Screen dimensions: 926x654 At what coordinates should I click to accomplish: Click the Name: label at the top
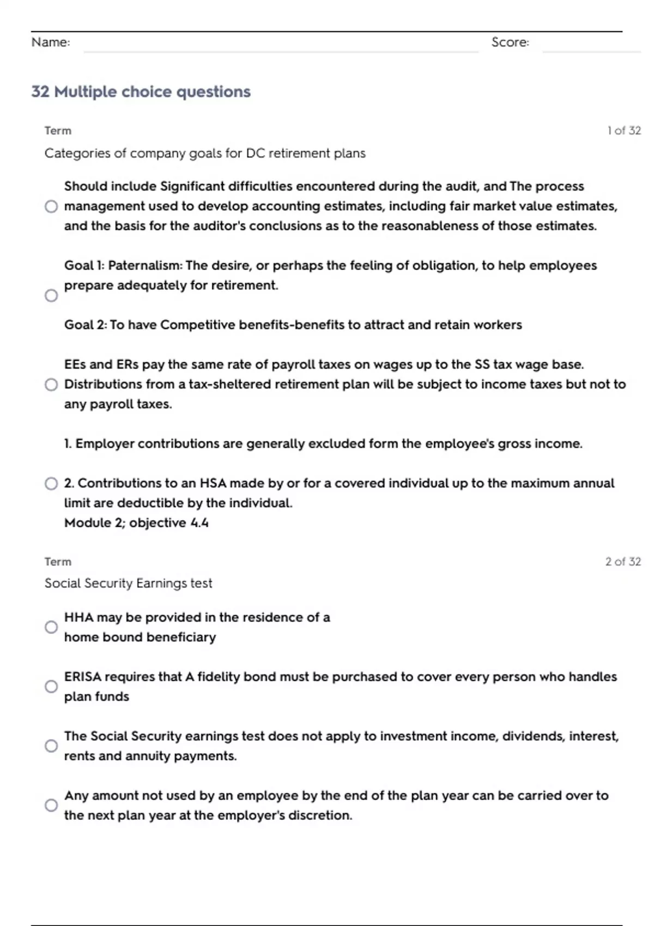[x=51, y=42]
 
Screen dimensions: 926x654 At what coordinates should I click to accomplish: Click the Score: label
[x=510, y=42]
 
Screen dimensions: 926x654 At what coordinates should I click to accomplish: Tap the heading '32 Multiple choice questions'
[x=141, y=92]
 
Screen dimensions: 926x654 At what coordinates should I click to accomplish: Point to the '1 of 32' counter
[x=624, y=131]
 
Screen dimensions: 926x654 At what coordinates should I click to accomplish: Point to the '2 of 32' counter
[x=623, y=562]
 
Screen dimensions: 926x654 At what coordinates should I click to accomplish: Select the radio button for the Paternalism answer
[x=51, y=295]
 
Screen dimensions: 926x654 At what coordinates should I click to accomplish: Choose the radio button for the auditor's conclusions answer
[x=51, y=206]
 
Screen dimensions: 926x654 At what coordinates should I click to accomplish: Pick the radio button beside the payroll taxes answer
[x=51, y=385]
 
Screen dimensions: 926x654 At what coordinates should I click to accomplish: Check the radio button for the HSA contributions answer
[x=51, y=484]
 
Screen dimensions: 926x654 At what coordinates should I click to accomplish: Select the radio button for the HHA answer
[x=51, y=627]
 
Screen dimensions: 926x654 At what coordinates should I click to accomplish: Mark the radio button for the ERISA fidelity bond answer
[x=51, y=686]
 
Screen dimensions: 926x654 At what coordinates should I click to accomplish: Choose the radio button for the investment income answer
[x=51, y=746]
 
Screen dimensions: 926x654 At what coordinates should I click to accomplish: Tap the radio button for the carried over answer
[x=51, y=805]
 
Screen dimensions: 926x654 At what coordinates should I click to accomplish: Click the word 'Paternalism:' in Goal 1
[x=146, y=266]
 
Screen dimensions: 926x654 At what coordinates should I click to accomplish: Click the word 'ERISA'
[x=83, y=677]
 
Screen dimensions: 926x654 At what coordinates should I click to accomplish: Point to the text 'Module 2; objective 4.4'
[x=136, y=523]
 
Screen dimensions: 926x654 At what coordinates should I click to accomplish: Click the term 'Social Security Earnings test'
[x=128, y=583]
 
